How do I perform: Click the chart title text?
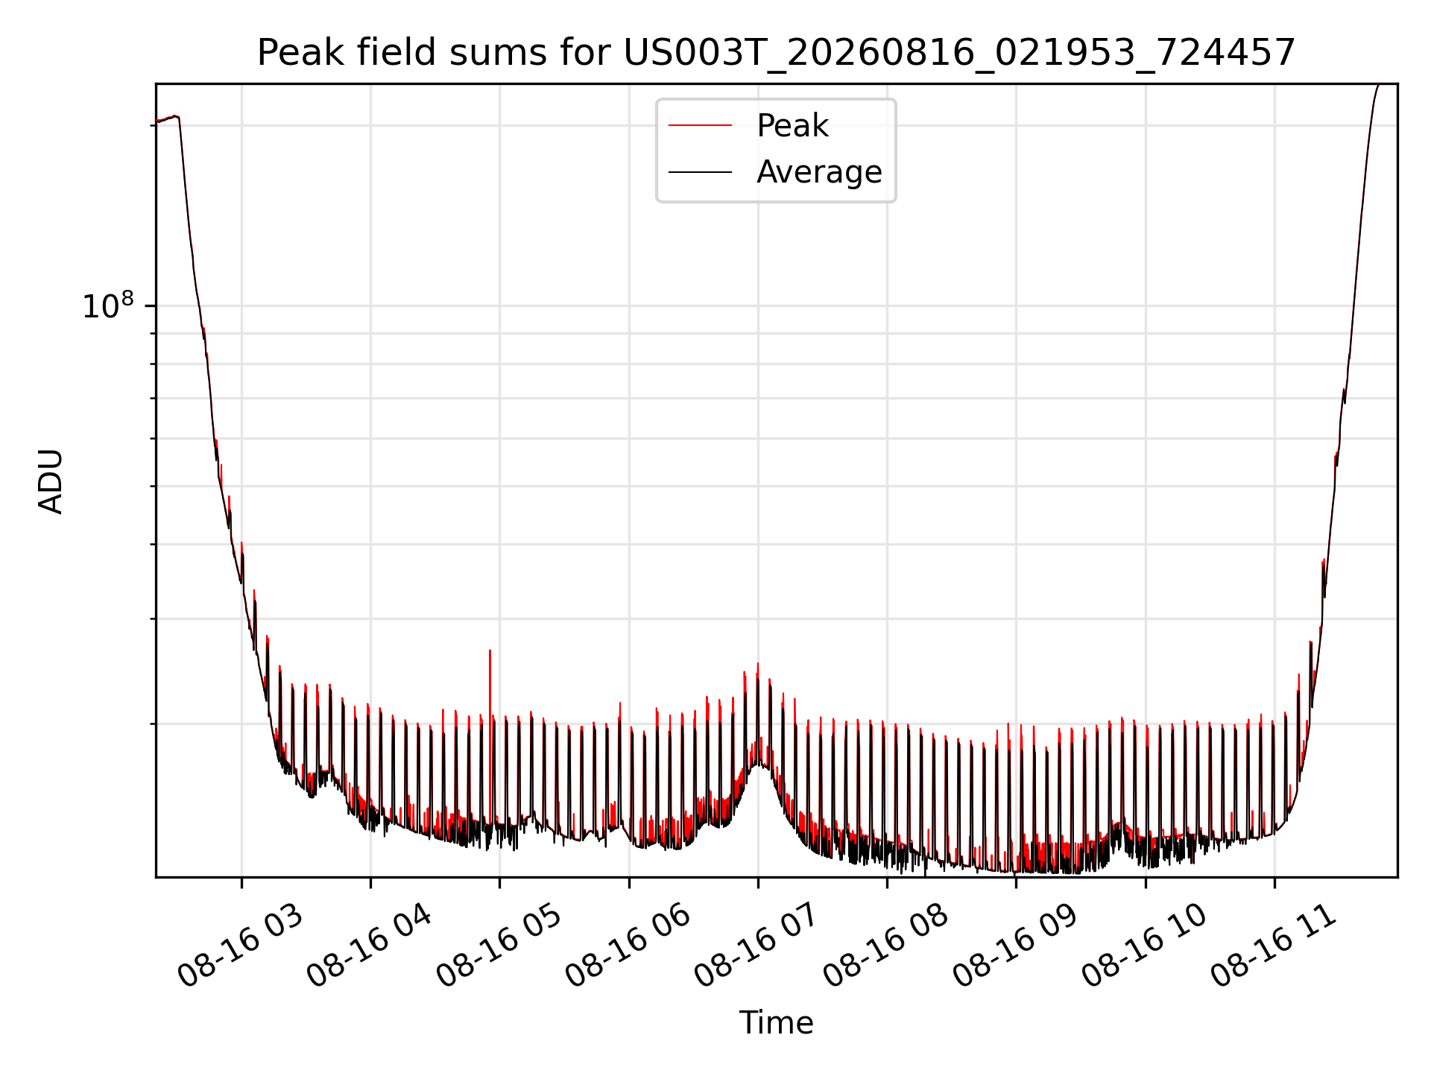pyautogui.click(x=776, y=53)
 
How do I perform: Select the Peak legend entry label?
pyautogui.click(x=792, y=126)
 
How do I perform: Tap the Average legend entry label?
pyautogui.click(x=819, y=172)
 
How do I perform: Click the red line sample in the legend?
pyautogui.click(x=700, y=126)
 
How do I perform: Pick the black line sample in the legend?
pyautogui.click(x=700, y=172)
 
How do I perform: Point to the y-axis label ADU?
pyautogui.click(x=51, y=481)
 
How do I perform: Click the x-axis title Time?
pyautogui.click(x=776, y=1023)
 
